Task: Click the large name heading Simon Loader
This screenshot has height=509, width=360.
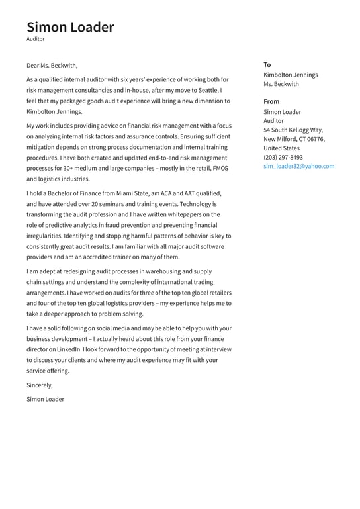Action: tap(70, 27)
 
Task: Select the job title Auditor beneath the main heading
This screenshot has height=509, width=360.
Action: tap(36, 40)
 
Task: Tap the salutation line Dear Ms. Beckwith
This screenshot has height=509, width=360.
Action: tap(52, 65)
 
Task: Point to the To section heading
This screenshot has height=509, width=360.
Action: tap(267, 64)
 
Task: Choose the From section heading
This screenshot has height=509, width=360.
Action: tap(271, 101)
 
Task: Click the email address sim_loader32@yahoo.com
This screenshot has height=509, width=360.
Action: tap(298, 166)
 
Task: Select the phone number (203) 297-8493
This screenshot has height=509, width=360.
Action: tap(283, 157)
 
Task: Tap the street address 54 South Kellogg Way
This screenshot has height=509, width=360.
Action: tap(292, 130)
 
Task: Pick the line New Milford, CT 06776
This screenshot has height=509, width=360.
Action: tap(294, 139)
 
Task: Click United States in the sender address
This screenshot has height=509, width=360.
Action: tap(281, 148)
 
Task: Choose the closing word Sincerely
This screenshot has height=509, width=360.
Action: tap(39, 385)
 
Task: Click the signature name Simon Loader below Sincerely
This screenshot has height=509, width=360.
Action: tap(45, 399)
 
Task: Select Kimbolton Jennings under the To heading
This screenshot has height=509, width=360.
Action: tap(291, 75)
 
